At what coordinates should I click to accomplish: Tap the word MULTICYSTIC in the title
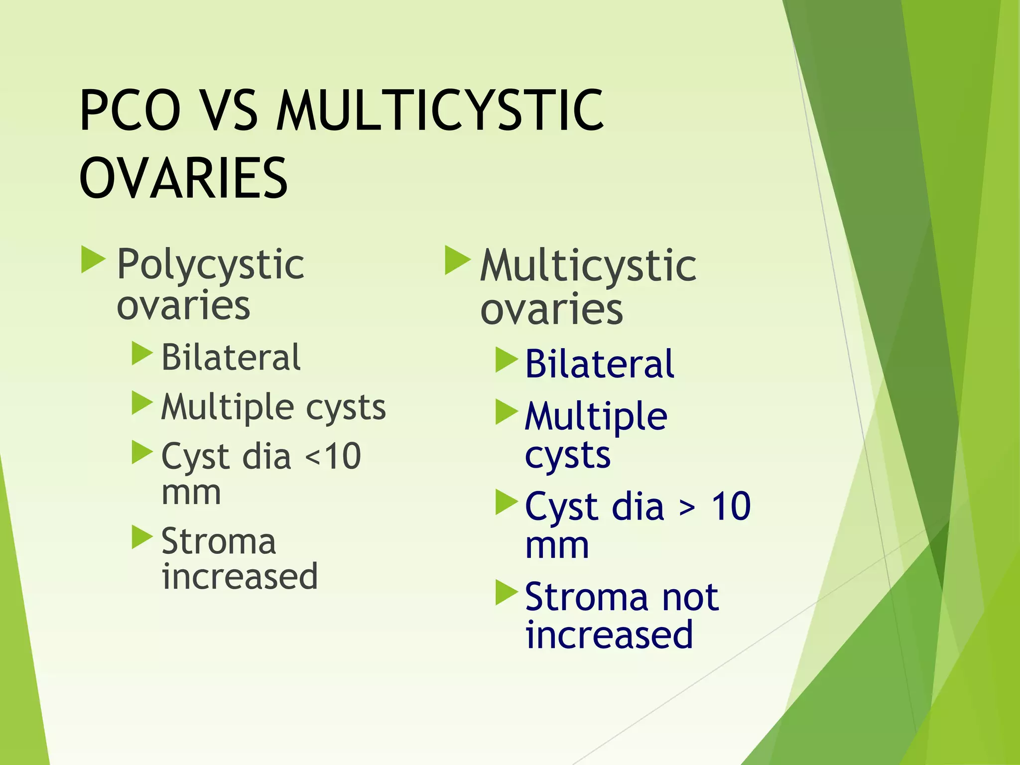tap(440, 111)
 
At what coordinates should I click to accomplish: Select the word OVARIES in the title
tap(183, 178)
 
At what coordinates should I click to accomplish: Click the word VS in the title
tap(231, 111)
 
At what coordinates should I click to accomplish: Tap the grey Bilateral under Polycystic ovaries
tap(231, 358)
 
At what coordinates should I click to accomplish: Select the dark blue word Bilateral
tap(600, 365)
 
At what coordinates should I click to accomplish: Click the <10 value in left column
tap(333, 456)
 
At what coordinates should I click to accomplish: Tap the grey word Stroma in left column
tap(218, 542)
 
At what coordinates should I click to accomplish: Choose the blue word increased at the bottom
tap(609, 636)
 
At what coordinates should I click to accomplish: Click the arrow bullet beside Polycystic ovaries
tap(93, 259)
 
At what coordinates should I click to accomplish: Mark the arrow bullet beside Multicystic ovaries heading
tap(457, 260)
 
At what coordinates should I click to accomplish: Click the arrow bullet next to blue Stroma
tap(507, 593)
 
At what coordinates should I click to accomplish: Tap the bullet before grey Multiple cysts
tap(142, 403)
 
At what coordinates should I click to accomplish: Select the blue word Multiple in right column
tap(596, 417)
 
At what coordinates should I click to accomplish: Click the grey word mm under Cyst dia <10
tap(191, 494)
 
